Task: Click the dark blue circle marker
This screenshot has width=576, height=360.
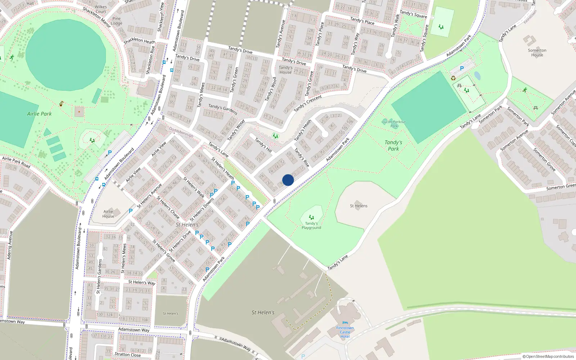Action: [288, 180]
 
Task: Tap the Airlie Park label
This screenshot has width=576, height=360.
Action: [39, 114]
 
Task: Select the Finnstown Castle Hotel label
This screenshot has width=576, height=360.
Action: [345, 332]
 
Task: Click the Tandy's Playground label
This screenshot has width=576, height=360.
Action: [311, 226]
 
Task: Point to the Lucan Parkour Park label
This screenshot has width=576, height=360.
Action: [394, 124]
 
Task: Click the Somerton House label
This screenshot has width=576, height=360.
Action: [537, 53]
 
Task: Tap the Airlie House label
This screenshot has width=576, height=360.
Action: [108, 214]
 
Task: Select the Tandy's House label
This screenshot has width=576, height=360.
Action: [285, 70]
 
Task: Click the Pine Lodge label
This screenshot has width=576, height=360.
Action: [117, 21]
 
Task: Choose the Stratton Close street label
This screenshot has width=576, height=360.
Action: [127, 355]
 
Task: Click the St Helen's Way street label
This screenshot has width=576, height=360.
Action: [142, 282]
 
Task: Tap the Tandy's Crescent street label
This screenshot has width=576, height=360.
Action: [307, 103]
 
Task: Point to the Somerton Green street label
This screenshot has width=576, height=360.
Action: [561, 187]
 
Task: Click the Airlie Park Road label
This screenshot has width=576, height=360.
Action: [16, 162]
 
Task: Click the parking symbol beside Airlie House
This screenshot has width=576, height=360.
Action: [131, 211]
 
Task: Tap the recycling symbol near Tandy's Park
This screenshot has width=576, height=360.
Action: [453, 78]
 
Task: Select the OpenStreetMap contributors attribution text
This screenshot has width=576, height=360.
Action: [548, 356]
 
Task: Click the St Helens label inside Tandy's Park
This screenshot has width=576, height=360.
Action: [359, 206]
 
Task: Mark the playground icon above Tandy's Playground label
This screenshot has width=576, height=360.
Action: [311, 217]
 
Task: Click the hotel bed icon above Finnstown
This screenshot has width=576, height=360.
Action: [345, 323]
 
